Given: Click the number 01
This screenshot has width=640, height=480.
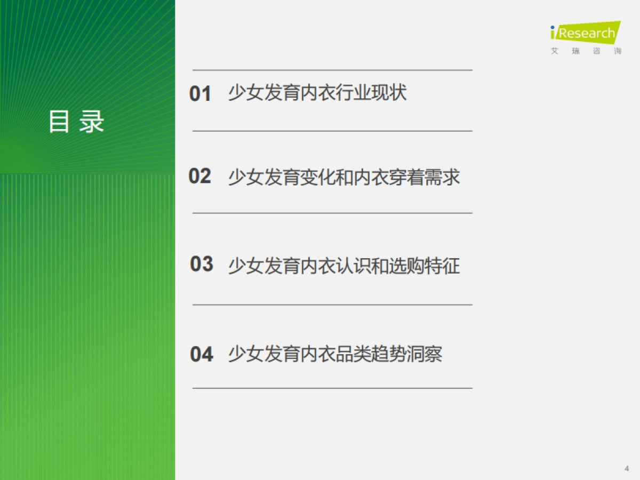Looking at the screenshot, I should pos(201,94).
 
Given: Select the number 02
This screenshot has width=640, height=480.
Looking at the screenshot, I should pos(200,176).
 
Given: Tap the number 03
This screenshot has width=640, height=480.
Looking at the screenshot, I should pos(202,264).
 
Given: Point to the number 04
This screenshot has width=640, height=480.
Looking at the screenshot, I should pos(202,354).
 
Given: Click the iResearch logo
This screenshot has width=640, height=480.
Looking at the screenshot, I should pos(586,33).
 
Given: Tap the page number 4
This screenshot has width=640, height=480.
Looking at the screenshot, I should pos(627,468).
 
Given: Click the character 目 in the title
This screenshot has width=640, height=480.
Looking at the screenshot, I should pos(59,122).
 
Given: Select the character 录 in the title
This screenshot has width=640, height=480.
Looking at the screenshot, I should pos(92,122).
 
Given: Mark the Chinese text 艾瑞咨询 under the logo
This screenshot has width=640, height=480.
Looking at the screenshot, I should pos(586,52).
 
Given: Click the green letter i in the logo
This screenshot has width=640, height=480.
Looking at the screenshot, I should pos(555,33).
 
